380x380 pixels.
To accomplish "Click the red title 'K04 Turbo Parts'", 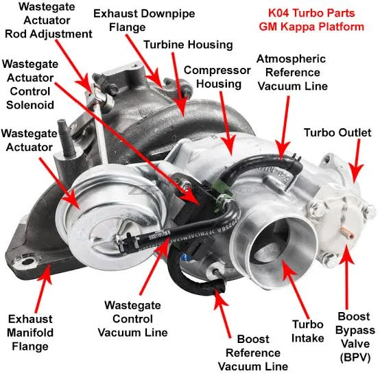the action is [x=311, y=13].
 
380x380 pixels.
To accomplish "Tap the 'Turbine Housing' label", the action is [x=188, y=45].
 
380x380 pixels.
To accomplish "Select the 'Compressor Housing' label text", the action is [x=217, y=78].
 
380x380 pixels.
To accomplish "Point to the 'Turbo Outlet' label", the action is [x=337, y=132].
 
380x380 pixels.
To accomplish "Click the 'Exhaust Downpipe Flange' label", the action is [x=144, y=21].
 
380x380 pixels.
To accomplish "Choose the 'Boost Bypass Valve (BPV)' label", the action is [x=355, y=337].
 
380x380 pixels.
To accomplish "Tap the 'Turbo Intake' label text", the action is [x=308, y=331].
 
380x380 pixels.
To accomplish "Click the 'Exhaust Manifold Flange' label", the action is [x=30, y=333].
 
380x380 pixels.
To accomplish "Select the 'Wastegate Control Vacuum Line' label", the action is [x=132, y=319].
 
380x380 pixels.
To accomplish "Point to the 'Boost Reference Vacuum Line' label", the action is [x=253, y=353].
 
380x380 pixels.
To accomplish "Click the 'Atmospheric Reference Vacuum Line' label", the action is [x=292, y=73].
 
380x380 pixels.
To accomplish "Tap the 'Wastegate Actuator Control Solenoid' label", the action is [x=30, y=84].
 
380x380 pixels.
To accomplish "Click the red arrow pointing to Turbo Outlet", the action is [x=356, y=161].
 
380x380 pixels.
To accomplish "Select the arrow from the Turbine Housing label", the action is [x=178, y=84].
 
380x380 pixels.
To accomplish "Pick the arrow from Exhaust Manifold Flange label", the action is [x=43, y=288].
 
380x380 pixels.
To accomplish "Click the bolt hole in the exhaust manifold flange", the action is [x=27, y=262].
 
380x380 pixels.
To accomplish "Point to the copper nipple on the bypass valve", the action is [x=347, y=231].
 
